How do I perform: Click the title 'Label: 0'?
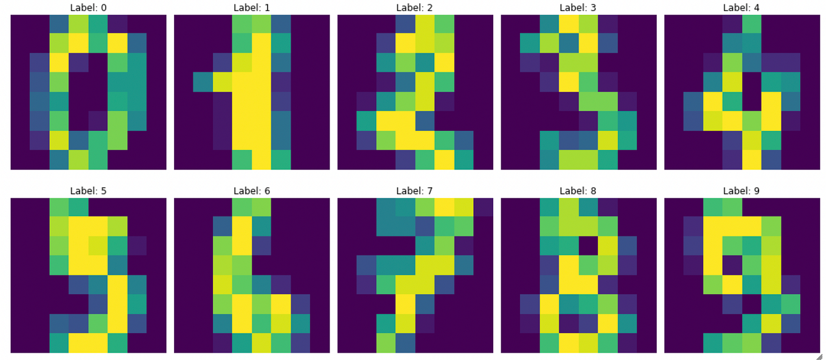click(x=88, y=8)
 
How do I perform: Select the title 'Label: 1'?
click(x=252, y=8)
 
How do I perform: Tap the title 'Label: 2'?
click(x=415, y=8)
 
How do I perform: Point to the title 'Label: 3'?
click(x=578, y=8)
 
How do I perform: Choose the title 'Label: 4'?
click(x=742, y=8)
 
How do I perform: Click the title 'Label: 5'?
click(x=88, y=191)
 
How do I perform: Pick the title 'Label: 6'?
click(x=252, y=191)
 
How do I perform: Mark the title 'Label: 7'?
click(x=415, y=191)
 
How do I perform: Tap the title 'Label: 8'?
click(x=578, y=191)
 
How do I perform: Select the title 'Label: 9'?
click(x=742, y=191)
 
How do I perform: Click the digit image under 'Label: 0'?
click(x=88, y=92)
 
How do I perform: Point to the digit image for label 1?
click(x=252, y=92)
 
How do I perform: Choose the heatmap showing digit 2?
click(x=415, y=92)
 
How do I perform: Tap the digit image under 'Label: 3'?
click(x=578, y=92)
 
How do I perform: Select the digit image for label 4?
click(x=742, y=92)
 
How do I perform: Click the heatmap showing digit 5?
click(x=88, y=275)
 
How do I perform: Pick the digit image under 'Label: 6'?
click(x=252, y=275)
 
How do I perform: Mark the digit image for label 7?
click(x=415, y=275)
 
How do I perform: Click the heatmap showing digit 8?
click(x=578, y=275)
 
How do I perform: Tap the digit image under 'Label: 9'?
click(x=742, y=275)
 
